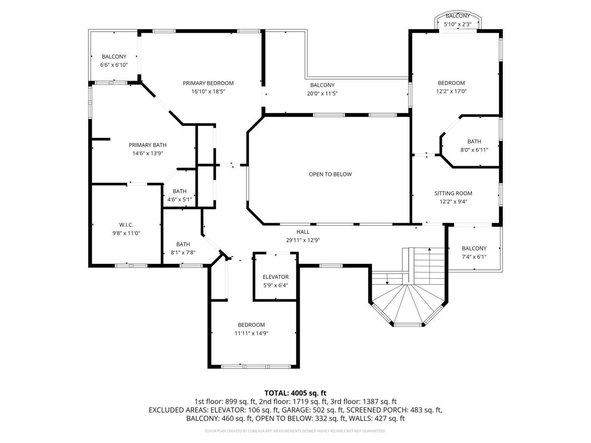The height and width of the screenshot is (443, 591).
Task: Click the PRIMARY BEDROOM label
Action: point(208,83)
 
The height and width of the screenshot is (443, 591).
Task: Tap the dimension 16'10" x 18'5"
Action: point(208,91)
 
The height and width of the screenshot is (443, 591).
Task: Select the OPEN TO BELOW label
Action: point(330,174)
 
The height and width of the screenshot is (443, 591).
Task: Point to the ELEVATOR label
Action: point(276,277)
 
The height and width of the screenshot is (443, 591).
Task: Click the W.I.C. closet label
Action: point(126,225)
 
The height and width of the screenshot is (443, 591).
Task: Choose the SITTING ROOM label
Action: point(453,193)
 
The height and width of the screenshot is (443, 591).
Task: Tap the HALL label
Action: point(303,232)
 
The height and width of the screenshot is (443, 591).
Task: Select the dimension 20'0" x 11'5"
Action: point(322,93)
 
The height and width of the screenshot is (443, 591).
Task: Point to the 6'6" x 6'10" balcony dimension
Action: point(114,65)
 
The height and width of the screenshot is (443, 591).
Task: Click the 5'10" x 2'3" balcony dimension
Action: point(458,24)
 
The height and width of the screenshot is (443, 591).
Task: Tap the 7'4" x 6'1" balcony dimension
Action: point(474,257)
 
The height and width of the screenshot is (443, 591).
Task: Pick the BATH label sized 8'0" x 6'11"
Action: point(474,142)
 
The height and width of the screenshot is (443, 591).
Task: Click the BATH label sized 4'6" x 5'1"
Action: point(180,191)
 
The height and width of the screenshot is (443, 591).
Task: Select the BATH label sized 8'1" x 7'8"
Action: point(183,244)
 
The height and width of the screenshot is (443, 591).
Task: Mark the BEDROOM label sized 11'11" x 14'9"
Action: point(252,325)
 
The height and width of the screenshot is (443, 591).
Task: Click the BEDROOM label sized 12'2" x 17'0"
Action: point(452,83)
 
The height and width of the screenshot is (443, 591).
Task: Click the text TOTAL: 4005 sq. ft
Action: point(295,393)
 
